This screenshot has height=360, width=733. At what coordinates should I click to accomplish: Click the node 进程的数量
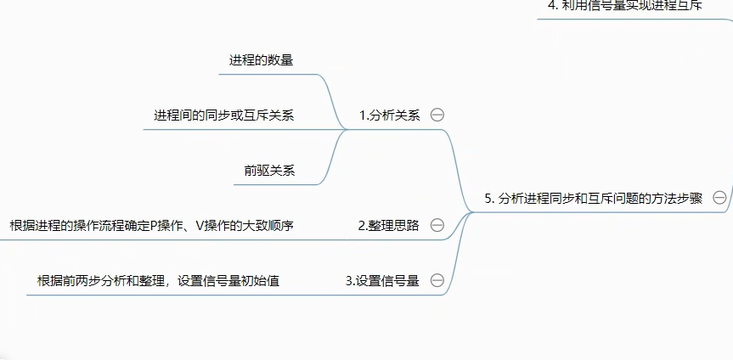point(262,60)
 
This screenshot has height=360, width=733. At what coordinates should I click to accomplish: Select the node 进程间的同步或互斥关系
point(224,115)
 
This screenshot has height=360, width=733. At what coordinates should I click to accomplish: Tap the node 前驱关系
point(269,170)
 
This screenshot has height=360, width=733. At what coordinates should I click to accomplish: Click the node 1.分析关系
point(389,115)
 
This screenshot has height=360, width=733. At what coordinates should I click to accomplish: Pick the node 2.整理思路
point(388,225)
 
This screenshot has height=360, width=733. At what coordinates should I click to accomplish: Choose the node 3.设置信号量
point(382,280)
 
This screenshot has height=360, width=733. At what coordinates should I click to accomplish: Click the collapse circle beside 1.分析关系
point(437,115)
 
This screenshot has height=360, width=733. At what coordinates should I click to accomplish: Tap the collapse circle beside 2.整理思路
point(437,225)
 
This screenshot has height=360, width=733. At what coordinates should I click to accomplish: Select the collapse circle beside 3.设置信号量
point(437,280)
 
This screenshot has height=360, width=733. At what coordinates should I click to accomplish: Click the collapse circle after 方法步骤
point(719,198)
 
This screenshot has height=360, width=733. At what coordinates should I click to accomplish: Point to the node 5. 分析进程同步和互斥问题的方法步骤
point(594,198)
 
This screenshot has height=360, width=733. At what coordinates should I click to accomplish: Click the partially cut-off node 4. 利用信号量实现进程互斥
point(624,5)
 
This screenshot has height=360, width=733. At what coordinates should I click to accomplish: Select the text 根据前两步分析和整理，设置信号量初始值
point(158,280)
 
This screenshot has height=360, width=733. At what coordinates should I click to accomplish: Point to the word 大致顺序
point(268,225)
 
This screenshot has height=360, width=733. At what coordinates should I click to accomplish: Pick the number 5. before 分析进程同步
point(490,198)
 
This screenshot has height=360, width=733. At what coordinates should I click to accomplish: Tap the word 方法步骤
point(675,198)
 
